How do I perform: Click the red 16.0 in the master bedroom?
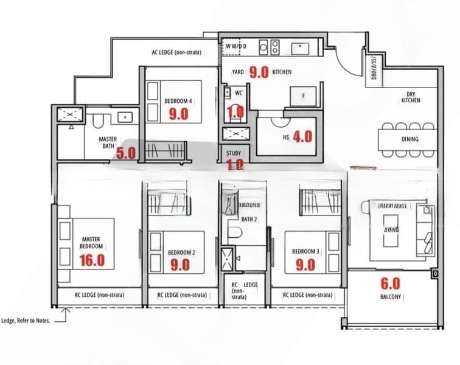pyautogui.click(x=92, y=260)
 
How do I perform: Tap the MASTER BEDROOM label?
pyautogui.click(x=91, y=243)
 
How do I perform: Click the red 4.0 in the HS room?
pyautogui.click(x=302, y=137)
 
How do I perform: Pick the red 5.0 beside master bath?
pyautogui.click(x=126, y=153)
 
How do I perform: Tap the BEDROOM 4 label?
pyautogui.click(x=178, y=101)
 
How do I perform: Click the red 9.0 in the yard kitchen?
pyautogui.click(x=259, y=72)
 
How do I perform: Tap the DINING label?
pyautogui.click(x=409, y=139)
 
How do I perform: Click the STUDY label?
pyautogui.click(x=234, y=153)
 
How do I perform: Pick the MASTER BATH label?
pyautogui.click(x=108, y=142)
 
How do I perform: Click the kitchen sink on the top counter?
pyautogui.click(x=299, y=47)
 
